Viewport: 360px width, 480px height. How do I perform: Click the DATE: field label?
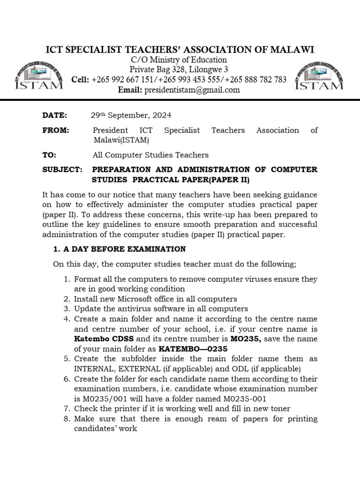(55, 115)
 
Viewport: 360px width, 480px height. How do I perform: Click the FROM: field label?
(56, 130)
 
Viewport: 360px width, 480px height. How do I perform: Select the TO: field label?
(49, 155)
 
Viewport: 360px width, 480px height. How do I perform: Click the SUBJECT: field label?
(62, 169)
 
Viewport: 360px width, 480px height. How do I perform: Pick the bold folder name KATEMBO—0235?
(193, 349)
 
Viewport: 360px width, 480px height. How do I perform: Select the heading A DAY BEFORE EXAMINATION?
(124, 249)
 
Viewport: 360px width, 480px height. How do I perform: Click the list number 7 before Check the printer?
(67, 409)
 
